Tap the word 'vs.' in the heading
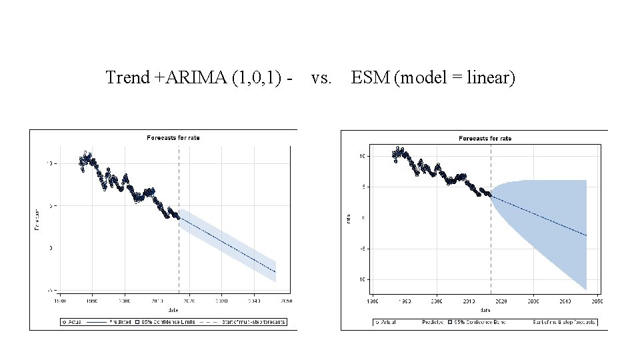(321, 78)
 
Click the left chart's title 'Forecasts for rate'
(173, 138)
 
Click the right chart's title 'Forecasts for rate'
(485, 138)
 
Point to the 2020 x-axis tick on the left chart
(189, 301)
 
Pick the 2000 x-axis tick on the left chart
(125, 301)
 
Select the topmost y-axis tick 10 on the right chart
(362, 156)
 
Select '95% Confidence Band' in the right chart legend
(479, 322)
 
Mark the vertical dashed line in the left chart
(179, 253)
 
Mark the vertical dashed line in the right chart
(491, 253)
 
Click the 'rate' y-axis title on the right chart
(348, 217)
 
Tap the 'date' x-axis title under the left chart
(173, 309)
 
